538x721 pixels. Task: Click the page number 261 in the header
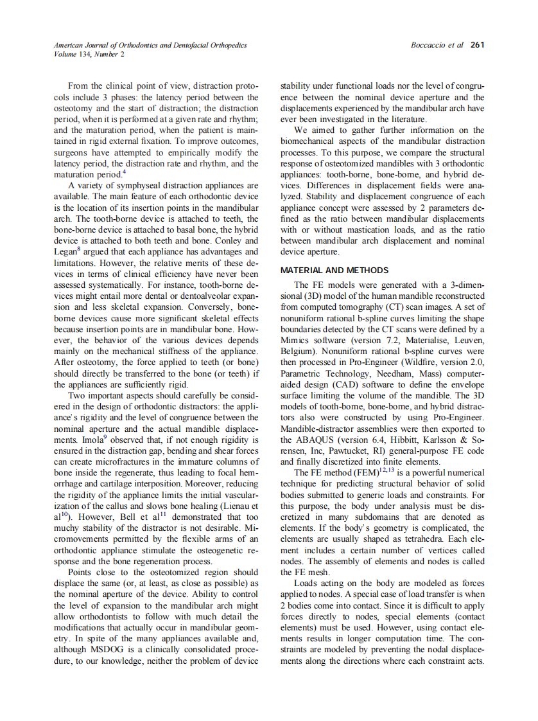[477, 45]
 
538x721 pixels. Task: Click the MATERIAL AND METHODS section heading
[334, 270]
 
